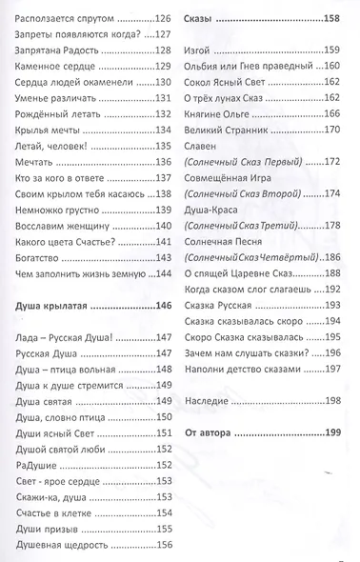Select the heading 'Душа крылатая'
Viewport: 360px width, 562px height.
click(56, 307)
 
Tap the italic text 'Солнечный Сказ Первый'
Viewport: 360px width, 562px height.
click(235, 164)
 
